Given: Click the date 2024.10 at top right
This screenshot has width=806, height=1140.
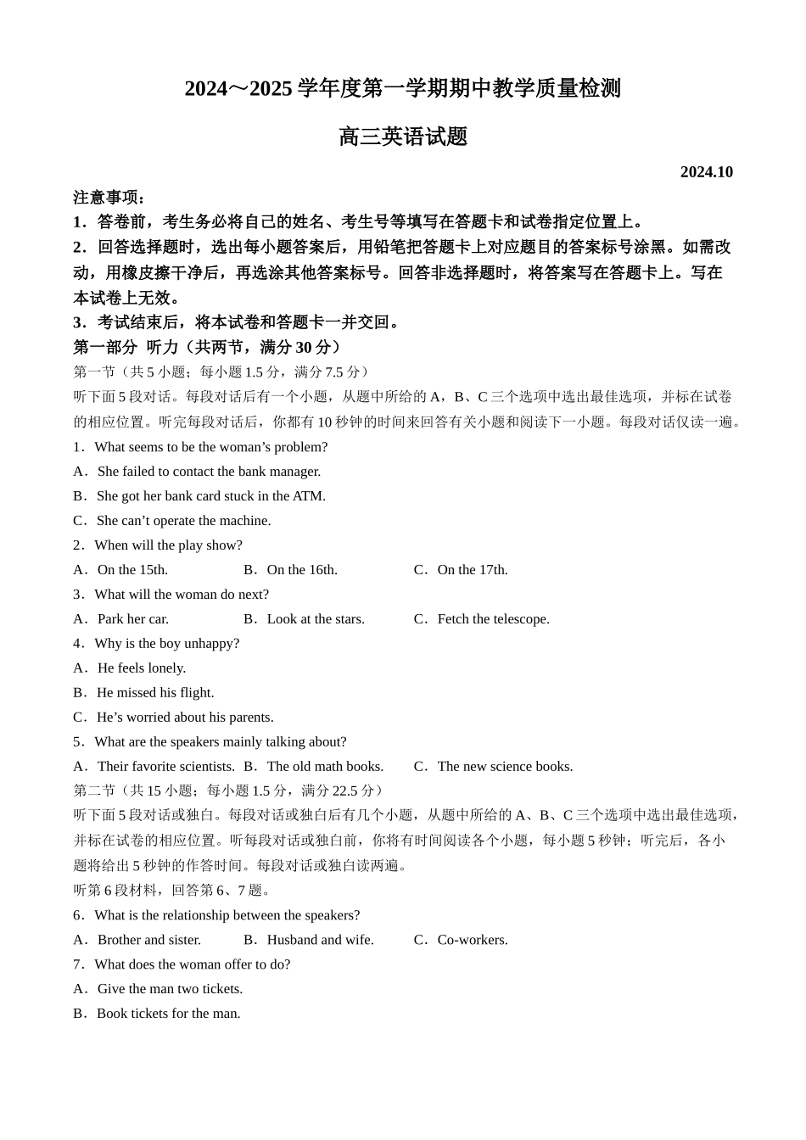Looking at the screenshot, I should coord(706,172).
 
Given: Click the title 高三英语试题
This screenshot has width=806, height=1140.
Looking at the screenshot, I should coord(403,137).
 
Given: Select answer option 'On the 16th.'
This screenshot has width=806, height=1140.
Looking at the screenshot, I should coord(301,570).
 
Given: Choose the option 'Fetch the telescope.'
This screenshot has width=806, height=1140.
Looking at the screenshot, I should coord(493,619).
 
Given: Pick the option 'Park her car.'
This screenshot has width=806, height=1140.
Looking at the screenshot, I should coord(132,619).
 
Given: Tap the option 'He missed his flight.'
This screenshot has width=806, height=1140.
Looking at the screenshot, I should coord(154,693).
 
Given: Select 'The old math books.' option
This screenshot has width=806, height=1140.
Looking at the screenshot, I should coord(325,767).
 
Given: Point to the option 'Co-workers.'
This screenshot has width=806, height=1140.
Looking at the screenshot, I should coord(472,940).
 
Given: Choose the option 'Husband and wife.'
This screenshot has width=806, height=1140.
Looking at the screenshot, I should coord(320,940).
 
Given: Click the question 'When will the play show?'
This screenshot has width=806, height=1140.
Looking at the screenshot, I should coord(168,545).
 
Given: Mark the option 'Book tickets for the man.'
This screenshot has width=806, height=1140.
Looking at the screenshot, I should coord(168,1014).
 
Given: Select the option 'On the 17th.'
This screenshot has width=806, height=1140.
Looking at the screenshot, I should coord(472,570).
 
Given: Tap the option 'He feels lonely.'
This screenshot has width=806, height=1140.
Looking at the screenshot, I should coord(141,668).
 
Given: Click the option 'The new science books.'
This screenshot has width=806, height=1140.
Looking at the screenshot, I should coord(505,767).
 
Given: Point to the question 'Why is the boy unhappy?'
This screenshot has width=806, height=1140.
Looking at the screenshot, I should coord(166,644).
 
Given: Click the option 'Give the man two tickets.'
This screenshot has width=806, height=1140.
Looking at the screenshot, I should coord(170,989).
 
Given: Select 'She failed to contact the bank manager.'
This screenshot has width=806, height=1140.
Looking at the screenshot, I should coord(209,472).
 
